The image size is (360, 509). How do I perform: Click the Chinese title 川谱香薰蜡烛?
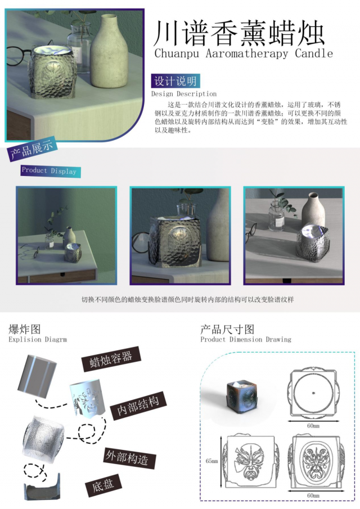coord(239,33)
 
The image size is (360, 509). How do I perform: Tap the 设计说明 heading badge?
coord(175,81)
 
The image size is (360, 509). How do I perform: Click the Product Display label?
coord(49,171)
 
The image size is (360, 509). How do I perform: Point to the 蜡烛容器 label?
coord(111,358)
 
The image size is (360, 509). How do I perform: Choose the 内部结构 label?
coord(138,406)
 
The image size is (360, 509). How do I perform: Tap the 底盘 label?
coord(103,485)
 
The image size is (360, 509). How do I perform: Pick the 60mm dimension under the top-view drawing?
coord(313,426)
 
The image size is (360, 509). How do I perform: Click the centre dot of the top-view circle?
coord(313,393)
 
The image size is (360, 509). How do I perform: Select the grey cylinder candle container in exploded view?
coord(37,376)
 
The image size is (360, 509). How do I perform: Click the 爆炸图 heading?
coord(25,329)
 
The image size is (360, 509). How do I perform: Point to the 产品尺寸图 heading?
coord(227,329)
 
